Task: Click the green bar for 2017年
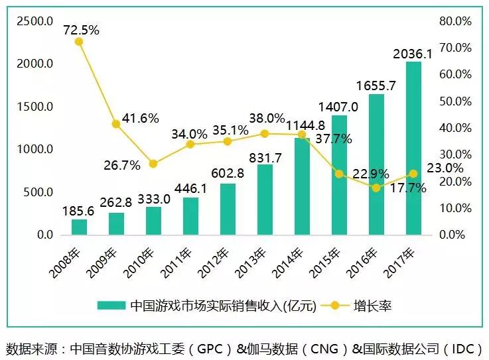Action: point(413,148)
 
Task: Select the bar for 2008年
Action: point(79,227)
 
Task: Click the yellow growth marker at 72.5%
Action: point(79,41)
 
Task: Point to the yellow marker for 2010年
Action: point(153,164)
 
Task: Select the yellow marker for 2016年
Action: point(376,188)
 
